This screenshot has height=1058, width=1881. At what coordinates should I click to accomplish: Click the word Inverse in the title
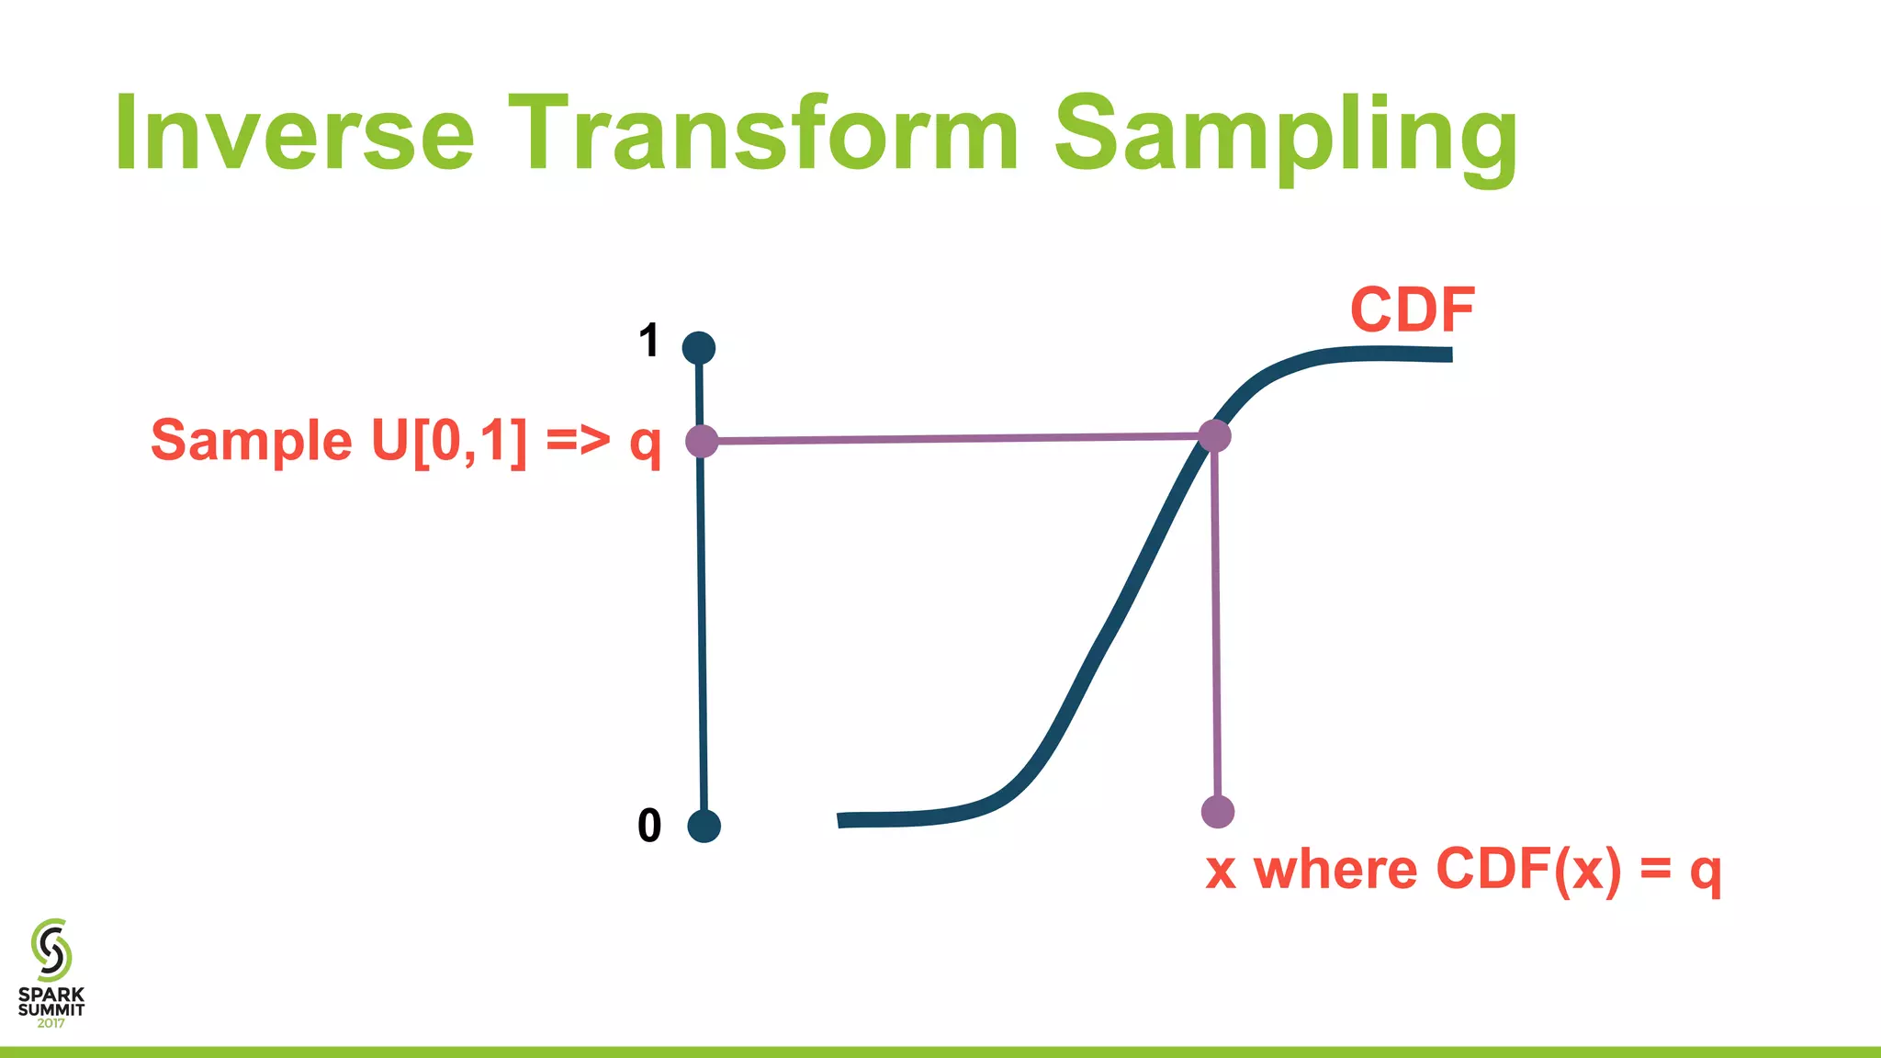coord(294,133)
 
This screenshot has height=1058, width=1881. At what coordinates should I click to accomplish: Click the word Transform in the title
coord(762,133)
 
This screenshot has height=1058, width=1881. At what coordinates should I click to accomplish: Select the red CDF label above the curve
coord(1412,310)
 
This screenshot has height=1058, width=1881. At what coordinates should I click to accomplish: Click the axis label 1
coord(648,341)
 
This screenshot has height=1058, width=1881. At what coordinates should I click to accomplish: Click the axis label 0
coord(648,826)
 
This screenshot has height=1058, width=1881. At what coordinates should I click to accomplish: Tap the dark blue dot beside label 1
coord(699,348)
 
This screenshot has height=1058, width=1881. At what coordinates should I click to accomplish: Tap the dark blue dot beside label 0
coord(704,827)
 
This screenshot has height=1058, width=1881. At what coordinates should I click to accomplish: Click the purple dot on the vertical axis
coord(702,442)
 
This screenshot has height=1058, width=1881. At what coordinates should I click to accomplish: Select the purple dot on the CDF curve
coord(1214,435)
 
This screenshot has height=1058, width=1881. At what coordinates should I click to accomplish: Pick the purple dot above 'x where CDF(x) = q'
coord(1218,812)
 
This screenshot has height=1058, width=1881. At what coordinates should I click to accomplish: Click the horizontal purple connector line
coord(955,439)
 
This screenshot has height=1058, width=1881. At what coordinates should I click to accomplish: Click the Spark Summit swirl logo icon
coord(51,950)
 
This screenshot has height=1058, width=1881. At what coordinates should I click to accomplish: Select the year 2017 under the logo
coord(51,1023)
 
